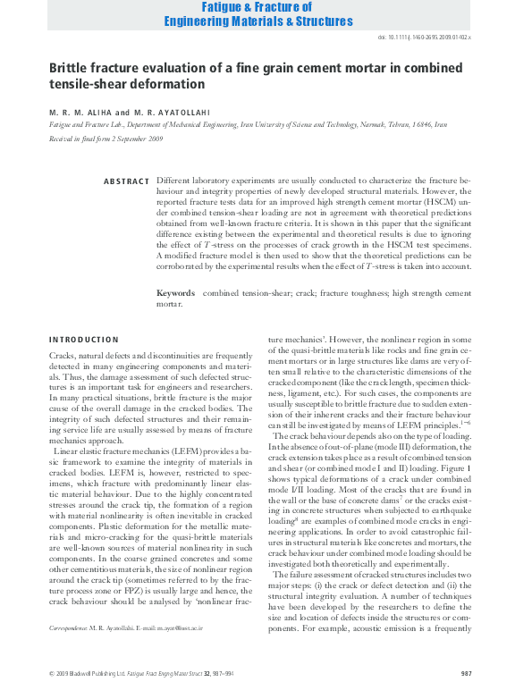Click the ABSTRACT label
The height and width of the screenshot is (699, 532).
pos(126,181)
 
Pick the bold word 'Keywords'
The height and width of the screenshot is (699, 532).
pos(175,292)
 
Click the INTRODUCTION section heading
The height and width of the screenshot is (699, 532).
pos(83,340)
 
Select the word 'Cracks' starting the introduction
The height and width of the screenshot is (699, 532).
pos(62,357)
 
